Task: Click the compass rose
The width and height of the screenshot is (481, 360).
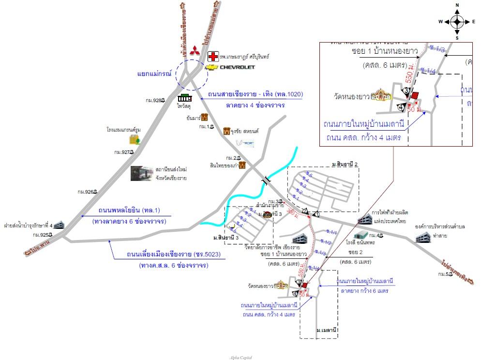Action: [457, 22]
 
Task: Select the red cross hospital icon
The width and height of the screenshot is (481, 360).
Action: [213, 57]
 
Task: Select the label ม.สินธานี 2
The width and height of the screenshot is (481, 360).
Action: [345, 165]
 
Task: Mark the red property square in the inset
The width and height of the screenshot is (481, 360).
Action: [415, 96]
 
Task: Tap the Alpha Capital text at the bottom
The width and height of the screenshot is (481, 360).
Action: [240, 358]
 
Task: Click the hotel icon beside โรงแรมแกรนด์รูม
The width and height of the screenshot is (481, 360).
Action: [134, 140]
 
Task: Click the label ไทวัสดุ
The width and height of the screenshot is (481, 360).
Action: [182, 104]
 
